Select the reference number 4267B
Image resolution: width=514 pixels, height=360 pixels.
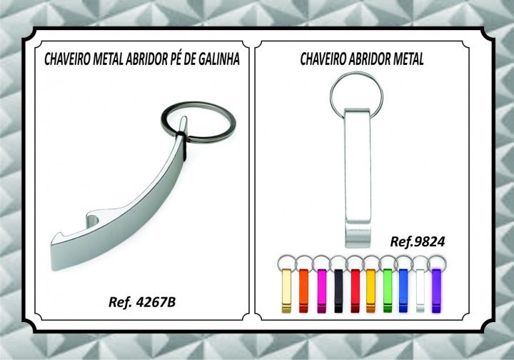point(156,302)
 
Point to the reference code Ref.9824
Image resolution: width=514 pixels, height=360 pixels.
point(418,241)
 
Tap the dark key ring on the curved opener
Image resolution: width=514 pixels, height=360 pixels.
point(198,106)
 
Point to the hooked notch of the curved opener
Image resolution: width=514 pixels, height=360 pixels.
point(93,219)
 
